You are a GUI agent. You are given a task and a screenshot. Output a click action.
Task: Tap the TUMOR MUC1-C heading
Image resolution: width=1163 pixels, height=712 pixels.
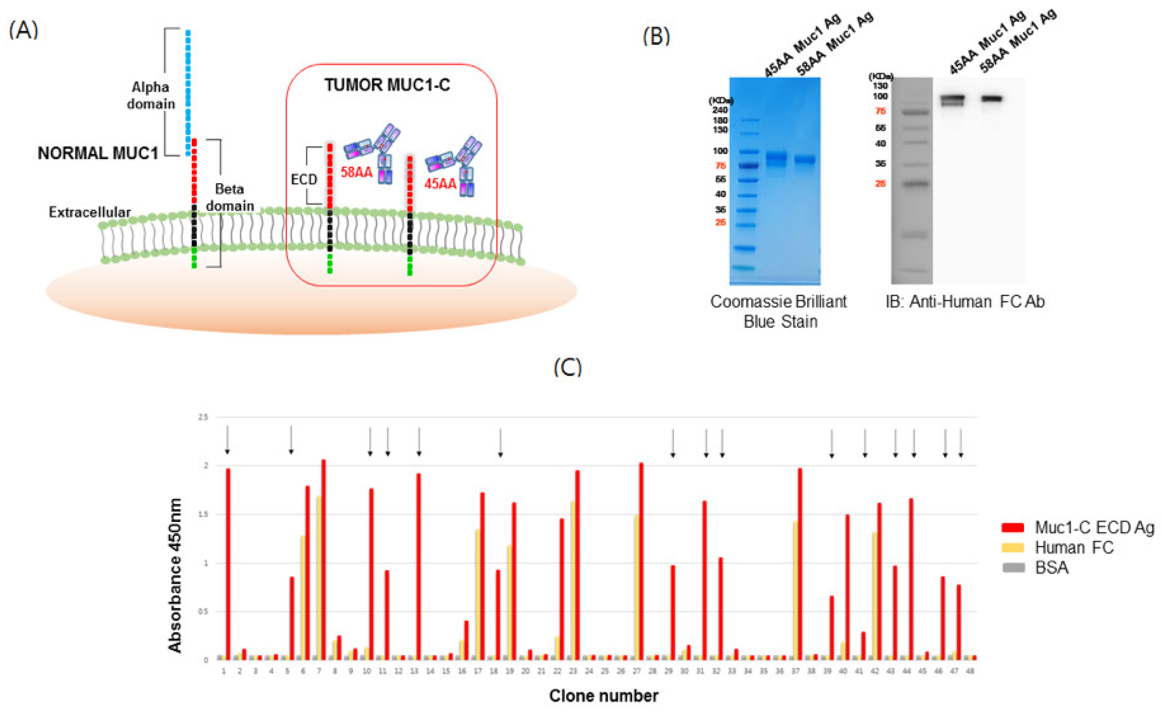point(387,85)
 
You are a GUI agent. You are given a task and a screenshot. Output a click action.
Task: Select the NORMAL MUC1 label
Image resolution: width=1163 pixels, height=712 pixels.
point(98,153)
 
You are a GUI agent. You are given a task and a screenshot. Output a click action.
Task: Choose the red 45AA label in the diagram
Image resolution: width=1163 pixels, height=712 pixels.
point(440,184)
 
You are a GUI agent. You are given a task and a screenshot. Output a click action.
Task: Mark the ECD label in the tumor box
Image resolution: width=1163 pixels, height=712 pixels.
point(304,180)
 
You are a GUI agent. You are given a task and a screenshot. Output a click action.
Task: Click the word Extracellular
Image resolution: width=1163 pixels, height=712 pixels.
point(90,212)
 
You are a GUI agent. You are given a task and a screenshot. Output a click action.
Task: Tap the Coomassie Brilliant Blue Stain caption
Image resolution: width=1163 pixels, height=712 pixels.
point(779,311)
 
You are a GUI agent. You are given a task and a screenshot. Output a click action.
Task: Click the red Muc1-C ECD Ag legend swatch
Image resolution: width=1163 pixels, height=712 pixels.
point(1013,527)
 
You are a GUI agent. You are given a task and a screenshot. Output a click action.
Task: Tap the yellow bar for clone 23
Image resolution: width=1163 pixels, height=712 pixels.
point(573,581)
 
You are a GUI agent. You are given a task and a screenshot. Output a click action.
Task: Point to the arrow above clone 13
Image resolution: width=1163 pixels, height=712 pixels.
point(419,441)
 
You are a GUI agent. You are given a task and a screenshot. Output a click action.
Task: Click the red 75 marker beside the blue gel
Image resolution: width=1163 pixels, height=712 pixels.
point(720,166)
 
